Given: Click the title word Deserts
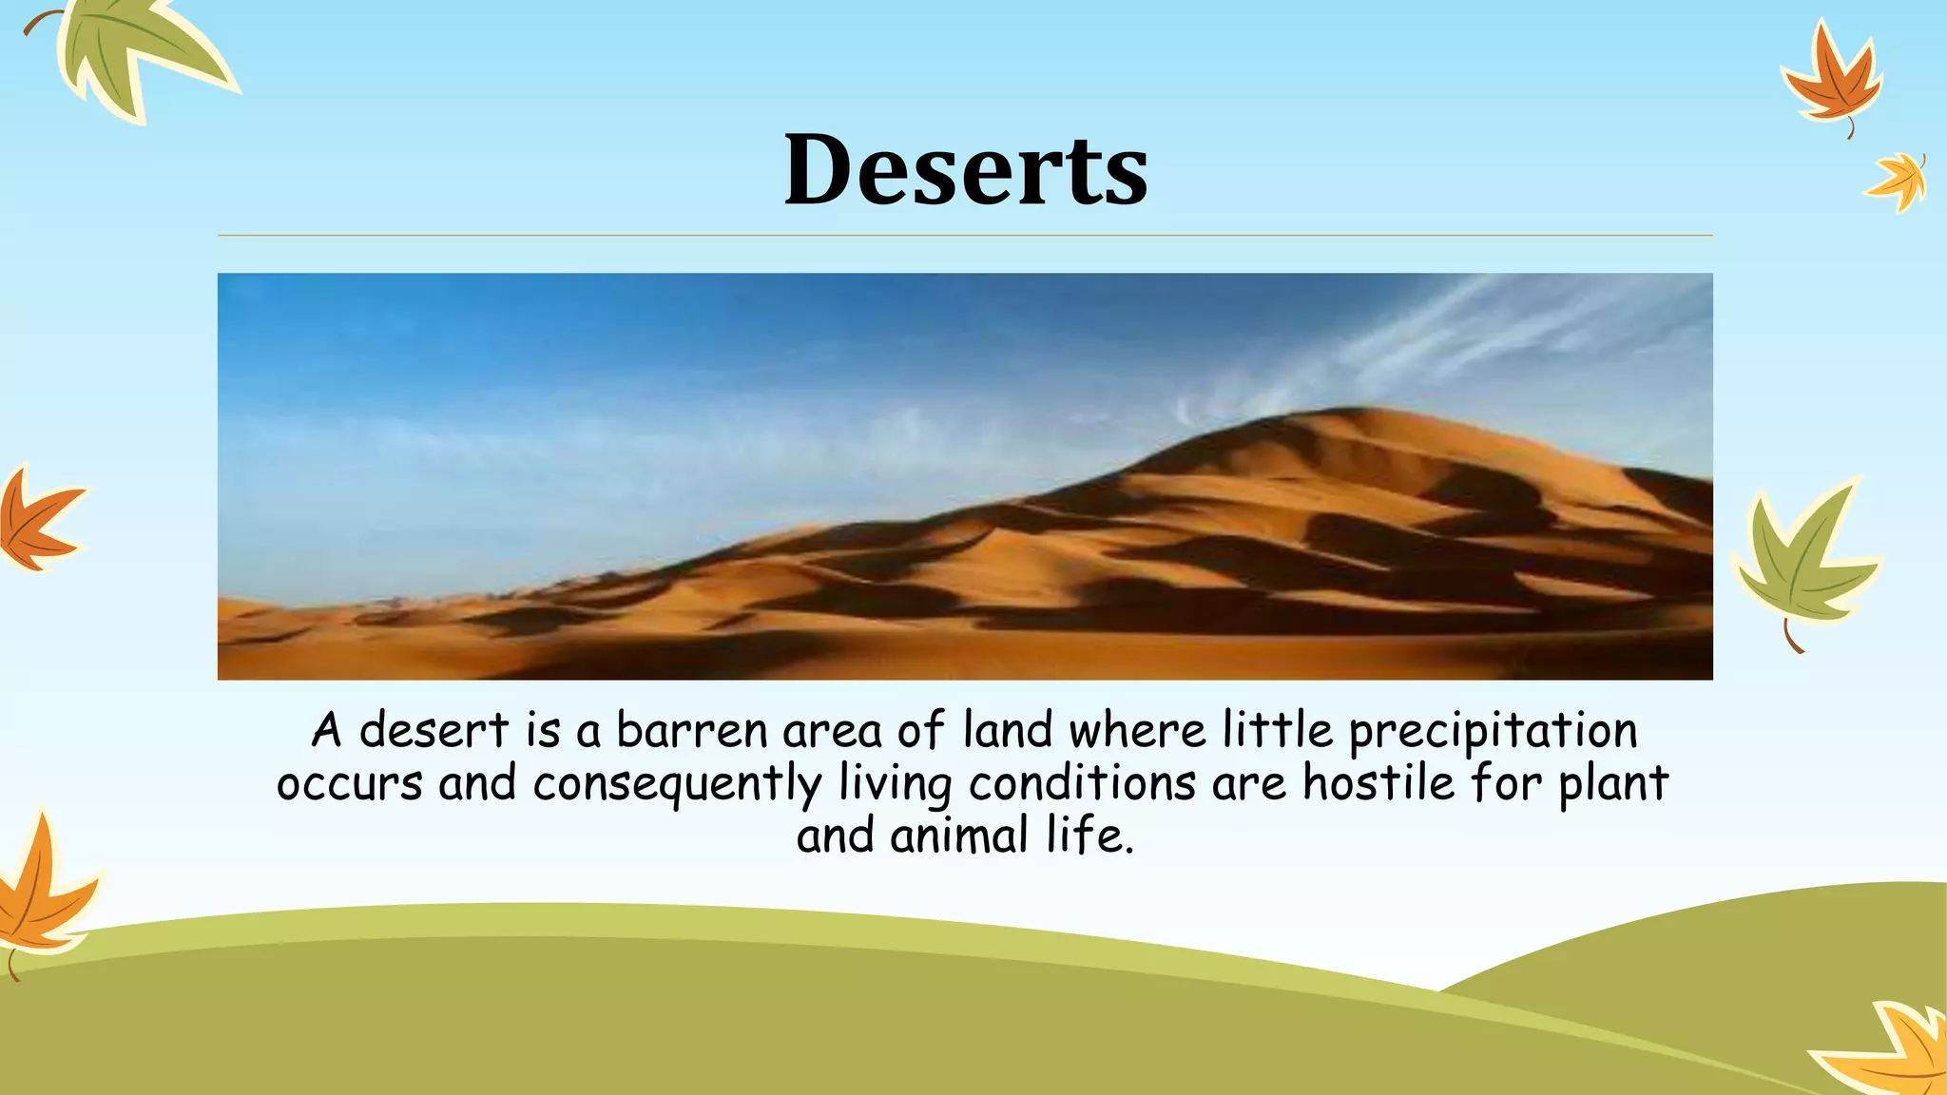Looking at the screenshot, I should click(966, 171).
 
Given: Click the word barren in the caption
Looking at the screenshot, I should click(691, 731).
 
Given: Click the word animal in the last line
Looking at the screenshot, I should click(959, 836).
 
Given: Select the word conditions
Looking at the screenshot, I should click(1082, 784).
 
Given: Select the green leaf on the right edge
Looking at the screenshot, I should click(1802, 561).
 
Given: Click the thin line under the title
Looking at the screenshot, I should click(965, 235).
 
